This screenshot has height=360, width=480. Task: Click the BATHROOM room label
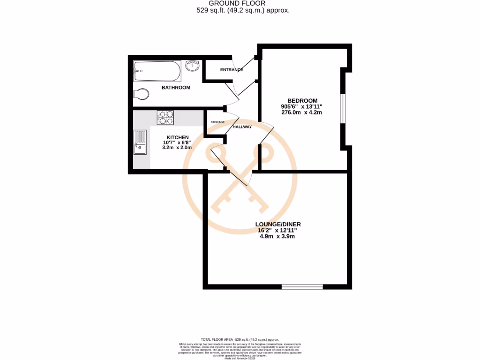(x=176, y=88)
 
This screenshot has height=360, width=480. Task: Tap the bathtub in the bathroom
(x=156, y=72)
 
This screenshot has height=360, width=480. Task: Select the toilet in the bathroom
(x=141, y=94)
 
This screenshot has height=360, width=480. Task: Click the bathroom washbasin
(x=193, y=66)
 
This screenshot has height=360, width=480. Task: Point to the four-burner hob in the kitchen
(x=165, y=117)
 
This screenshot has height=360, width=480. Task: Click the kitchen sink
(x=140, y=142)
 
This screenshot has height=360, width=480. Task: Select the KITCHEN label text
(x=178, y=137)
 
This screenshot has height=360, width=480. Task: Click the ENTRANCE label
(x=232, y=70)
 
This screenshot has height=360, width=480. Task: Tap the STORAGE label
(x=217, y=122)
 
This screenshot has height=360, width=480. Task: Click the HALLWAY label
(x=242, y=127)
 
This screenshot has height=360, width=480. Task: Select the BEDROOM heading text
(x=302, y=100)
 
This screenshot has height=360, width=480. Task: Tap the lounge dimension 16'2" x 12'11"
(x=277, y=230)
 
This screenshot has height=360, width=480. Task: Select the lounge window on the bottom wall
(x=302, y=286)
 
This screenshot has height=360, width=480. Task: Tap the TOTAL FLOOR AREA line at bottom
(x=240, y=339)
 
